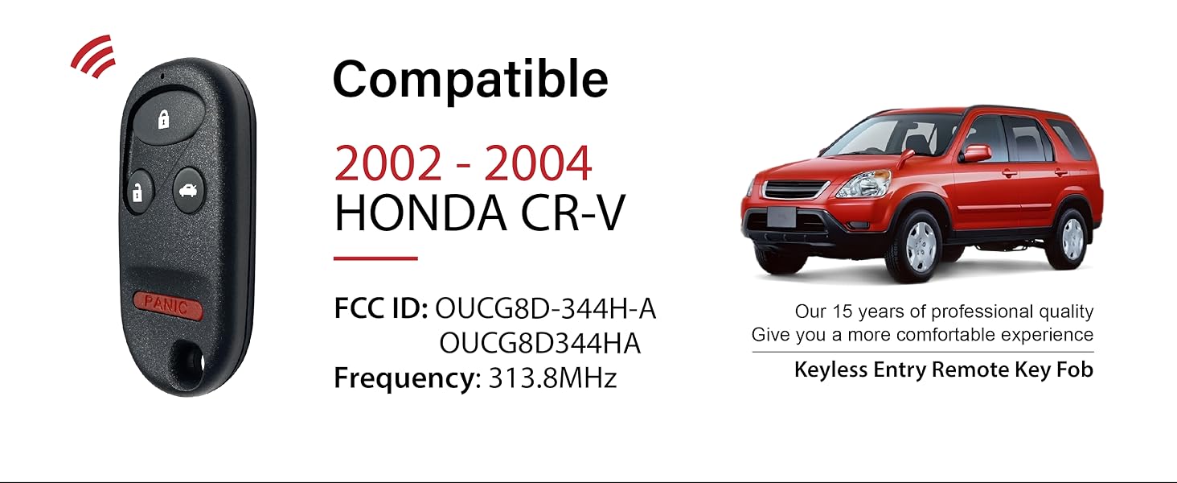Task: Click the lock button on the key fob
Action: (165, 120)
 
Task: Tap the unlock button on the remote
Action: (138, 192)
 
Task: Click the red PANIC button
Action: (166, 305)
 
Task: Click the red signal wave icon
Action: (93, 57)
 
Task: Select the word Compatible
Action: (470, 80)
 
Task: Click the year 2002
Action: (388, 163)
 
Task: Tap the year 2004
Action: (538, 163)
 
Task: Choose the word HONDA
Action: (420, 213)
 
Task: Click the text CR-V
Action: (572, 213)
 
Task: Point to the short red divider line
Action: (375, 258)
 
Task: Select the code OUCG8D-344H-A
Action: (545, 309)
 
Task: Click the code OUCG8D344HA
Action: (540, 344)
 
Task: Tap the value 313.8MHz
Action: (552, 378)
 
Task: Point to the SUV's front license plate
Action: (781, 217)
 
